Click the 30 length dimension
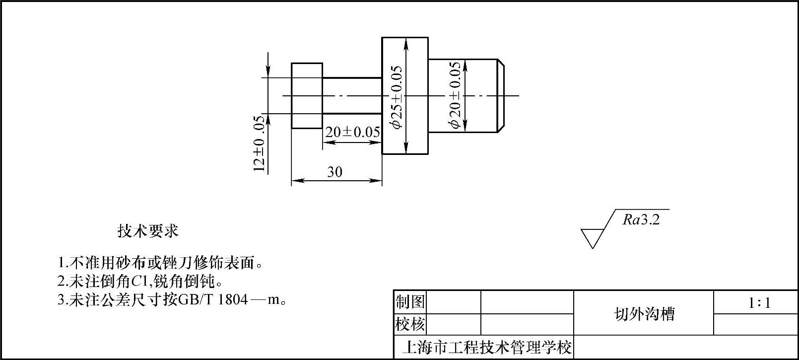click(334, 172)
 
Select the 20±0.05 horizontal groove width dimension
click(352, 132)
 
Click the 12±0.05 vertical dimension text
click(259, 144)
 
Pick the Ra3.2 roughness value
click(641, 220)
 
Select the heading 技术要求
click(147, 231)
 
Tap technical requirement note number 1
click(160, 263)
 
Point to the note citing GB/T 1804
click(172, 300)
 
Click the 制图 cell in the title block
click(410, 302)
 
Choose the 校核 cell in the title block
click(410, 325)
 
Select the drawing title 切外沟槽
click(644, 314)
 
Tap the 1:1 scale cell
click(759, 303)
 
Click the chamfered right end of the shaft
click(501, 96)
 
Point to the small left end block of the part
click(307, 96)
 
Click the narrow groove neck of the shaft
click(352, 96)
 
